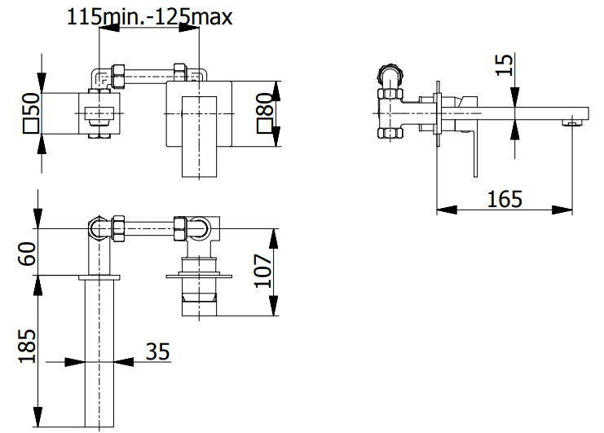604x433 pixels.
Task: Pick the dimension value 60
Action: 30,252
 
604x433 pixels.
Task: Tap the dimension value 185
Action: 30,347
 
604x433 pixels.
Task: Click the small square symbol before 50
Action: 30,125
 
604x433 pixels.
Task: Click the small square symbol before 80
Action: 264,125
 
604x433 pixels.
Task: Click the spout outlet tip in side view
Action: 571,123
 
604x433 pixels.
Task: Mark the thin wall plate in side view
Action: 439,106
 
